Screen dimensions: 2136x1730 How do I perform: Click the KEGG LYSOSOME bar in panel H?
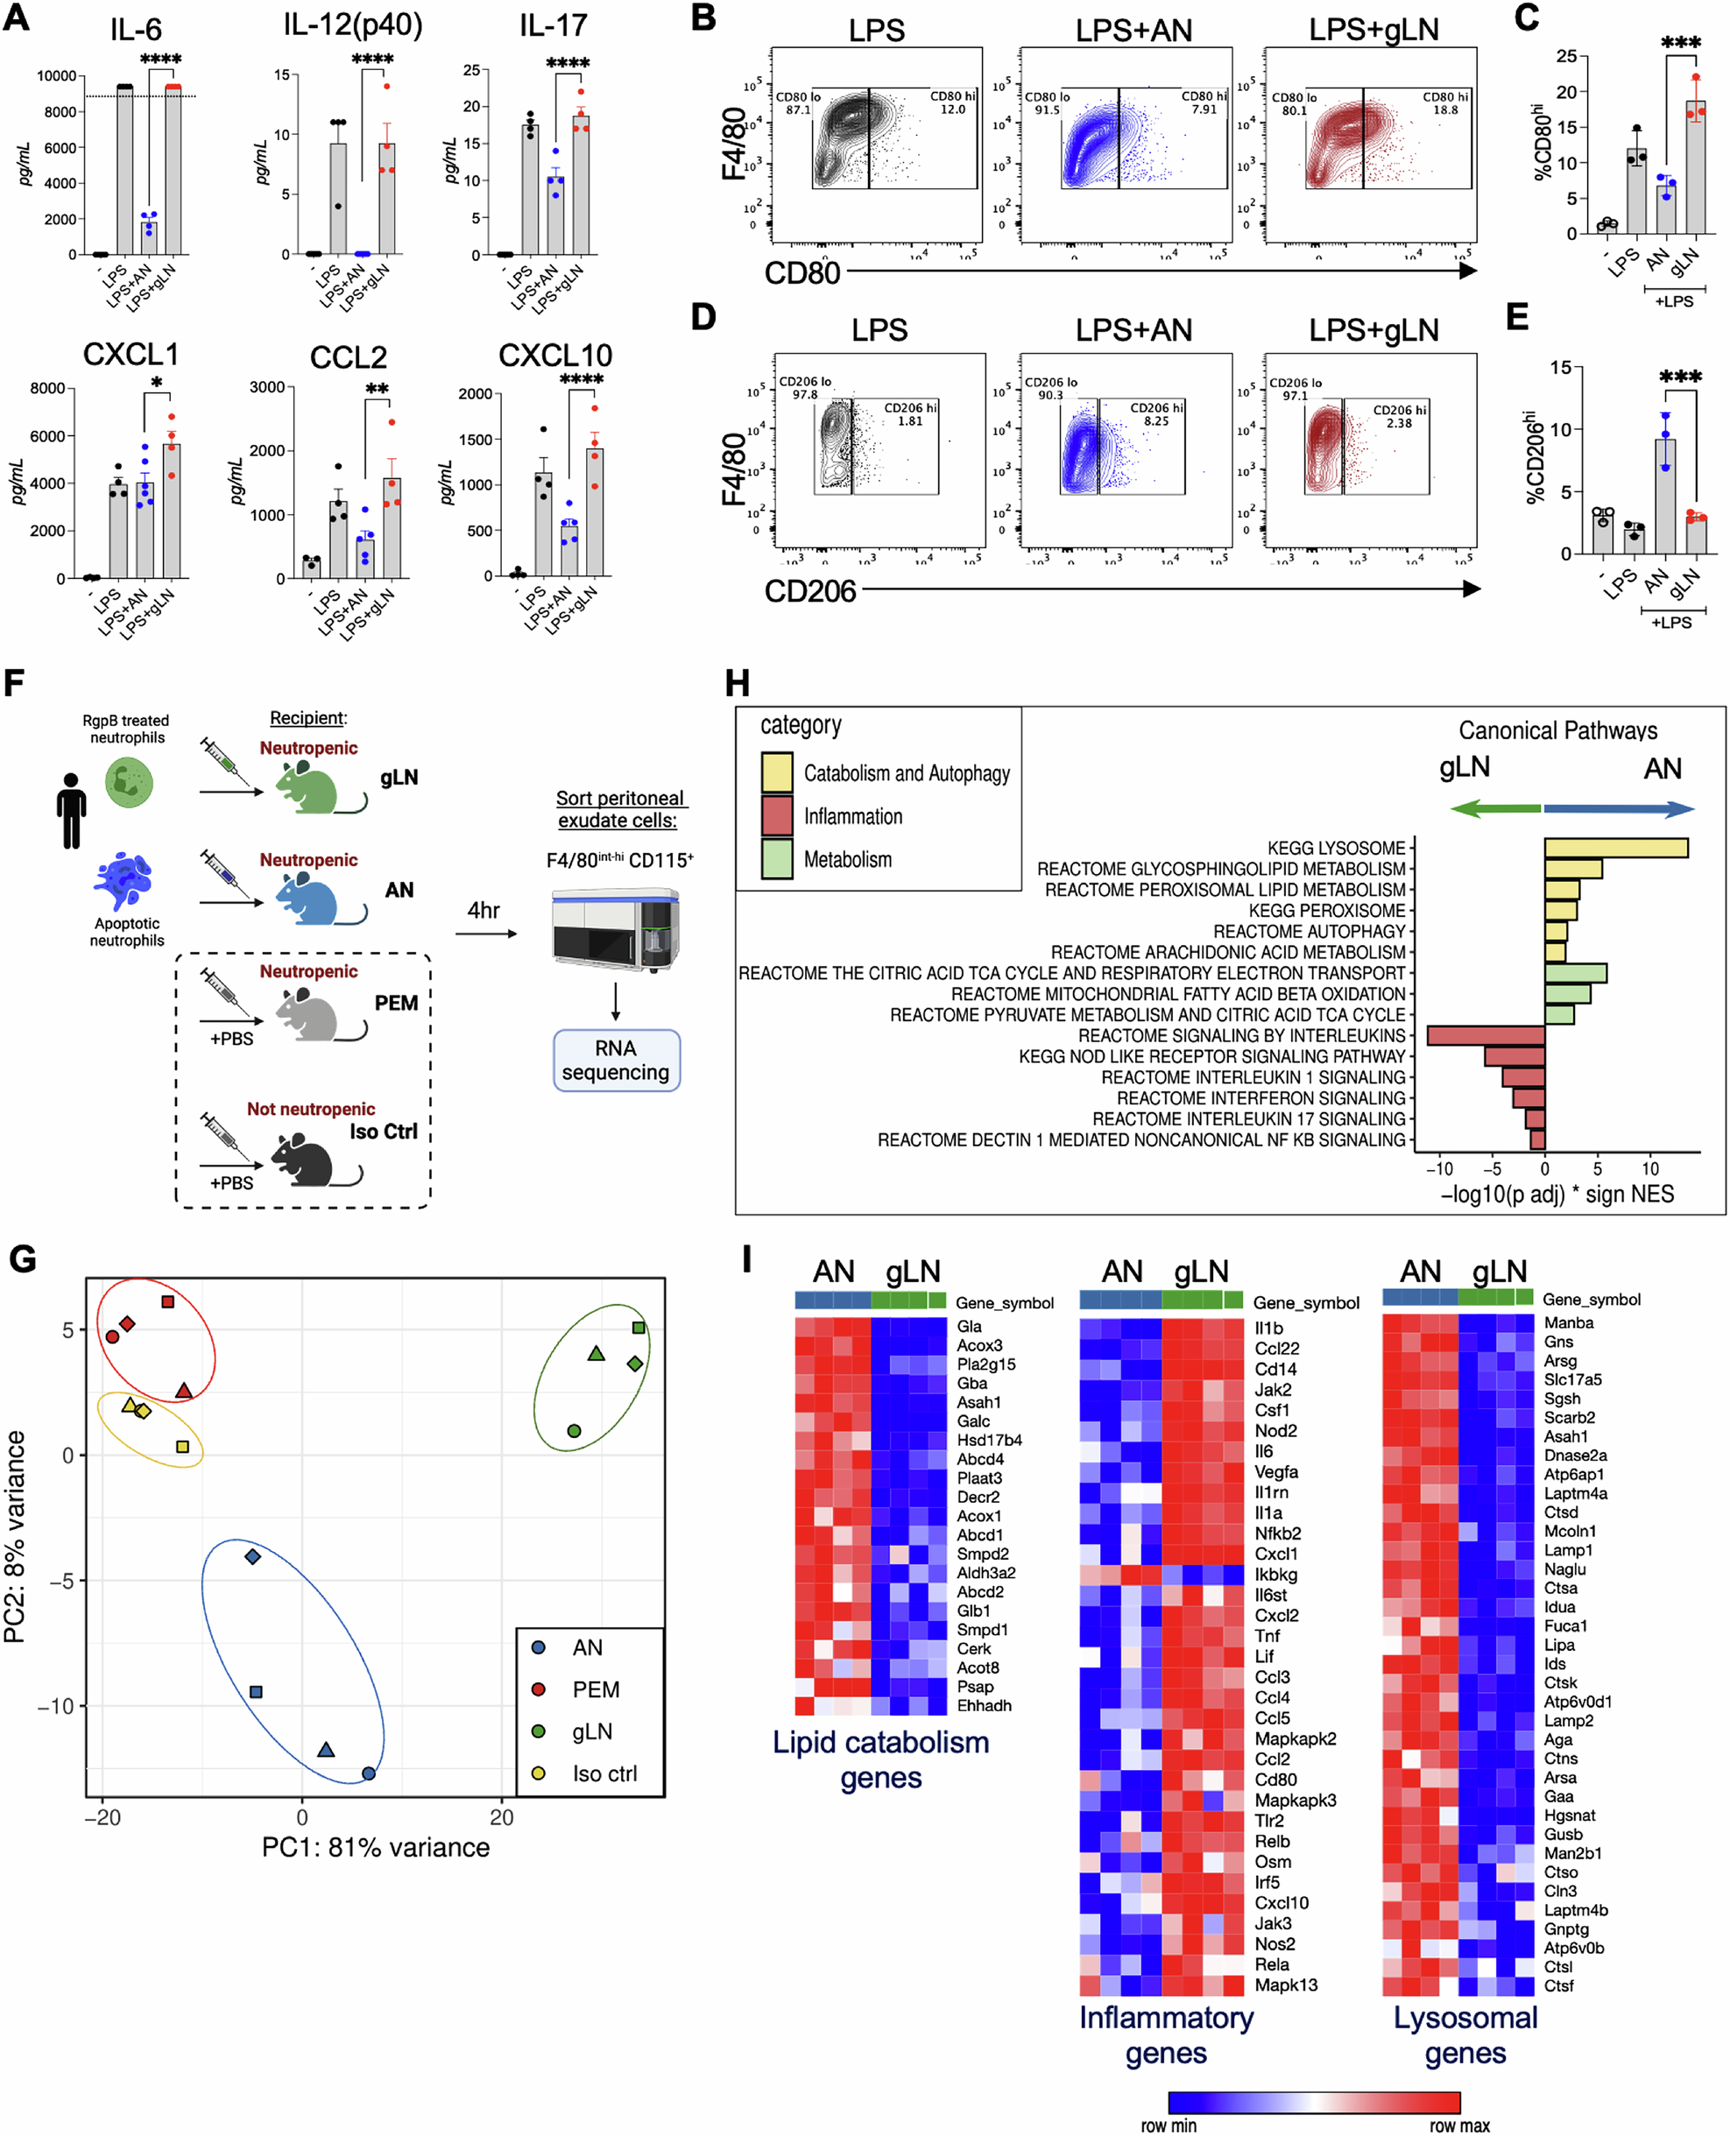[x=1615, y=848]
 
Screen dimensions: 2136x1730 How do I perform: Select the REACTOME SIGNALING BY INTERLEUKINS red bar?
[x=1485, y=1035]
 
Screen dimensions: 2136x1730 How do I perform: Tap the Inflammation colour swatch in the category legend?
[x=776, y=815]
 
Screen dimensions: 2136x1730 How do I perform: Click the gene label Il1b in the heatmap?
[x=1268, y=1328]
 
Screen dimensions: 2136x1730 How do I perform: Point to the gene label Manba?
[x=1569, y=1323]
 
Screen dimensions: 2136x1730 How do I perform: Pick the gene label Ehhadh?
[x=984, y=1706]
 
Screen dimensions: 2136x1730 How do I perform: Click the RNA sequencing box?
[x=616, y=1060]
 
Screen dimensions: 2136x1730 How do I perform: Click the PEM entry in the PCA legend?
[x=595, y=1689]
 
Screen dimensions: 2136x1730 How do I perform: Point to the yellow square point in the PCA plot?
[x=182, y=1447]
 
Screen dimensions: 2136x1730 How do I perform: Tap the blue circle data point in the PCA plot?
[x=369, y=1773]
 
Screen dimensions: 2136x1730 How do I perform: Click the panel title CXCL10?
[x=555, y=356]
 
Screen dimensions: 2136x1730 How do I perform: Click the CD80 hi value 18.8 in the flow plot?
[x=1445, y=110]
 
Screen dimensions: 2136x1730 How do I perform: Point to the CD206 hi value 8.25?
[x=1156, y=421]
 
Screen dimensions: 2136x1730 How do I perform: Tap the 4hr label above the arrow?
[x=484, y=911]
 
